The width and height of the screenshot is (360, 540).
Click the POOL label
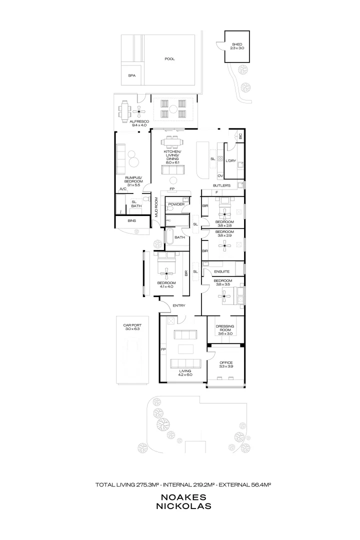point(169,58)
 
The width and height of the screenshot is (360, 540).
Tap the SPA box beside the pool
point(131,75)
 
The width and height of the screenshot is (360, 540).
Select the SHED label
point(236,46)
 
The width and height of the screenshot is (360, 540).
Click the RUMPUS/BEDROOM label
point(134,179)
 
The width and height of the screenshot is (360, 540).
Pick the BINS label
point(132,220)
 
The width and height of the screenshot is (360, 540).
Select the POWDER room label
point(176,204)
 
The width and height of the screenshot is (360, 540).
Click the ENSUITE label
point(221,271)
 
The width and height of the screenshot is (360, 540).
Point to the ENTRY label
point(178,305)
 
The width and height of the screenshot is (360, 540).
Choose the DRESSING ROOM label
point(225,328)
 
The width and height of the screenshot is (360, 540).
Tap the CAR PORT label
point(132,325)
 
